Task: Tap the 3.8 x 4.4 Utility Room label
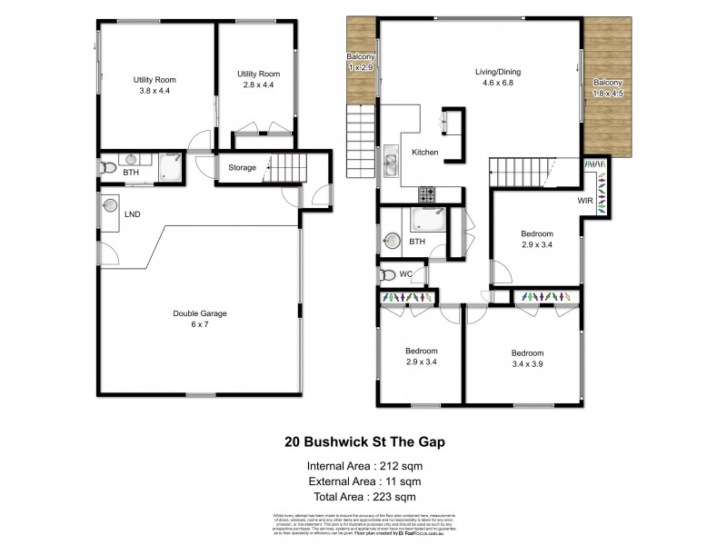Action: (x=154, y=84)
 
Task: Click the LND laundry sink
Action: (x=112, y=205)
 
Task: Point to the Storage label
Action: (x=242, y=167)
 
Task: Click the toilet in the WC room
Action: (x=388, y=274)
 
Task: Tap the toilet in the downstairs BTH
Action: (x=108, y=168)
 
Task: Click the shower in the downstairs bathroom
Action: (x=168, y=166)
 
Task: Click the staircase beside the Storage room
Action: (x=290, y=167)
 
